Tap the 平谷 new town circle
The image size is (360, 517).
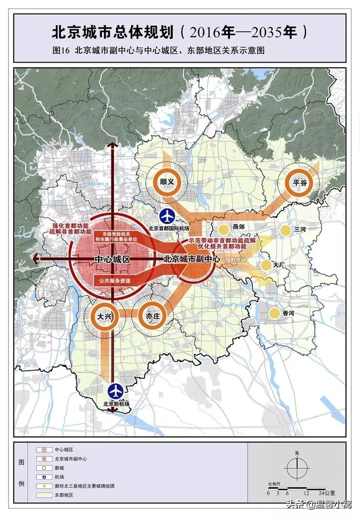click(300, 183)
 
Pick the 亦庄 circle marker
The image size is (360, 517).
click(152, 316)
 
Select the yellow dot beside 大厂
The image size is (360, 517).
click(266, 265)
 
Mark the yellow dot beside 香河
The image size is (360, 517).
click(274, 313)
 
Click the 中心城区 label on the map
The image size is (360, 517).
click(111, 260)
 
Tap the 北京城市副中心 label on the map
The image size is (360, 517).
click(192, 260)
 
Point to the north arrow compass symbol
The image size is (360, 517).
click(297, 468)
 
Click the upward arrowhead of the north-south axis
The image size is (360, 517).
click(113, 145)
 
